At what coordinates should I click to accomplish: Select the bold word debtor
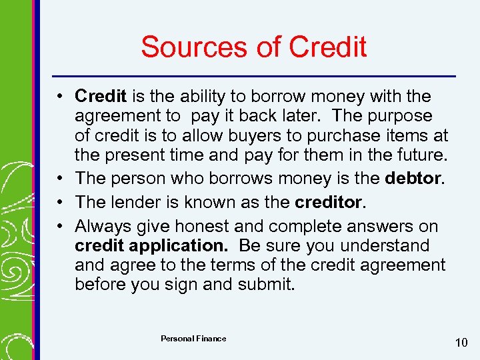pyautogui.click(x=417, y=178)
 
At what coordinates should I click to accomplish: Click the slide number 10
pyautogui.click(x=461, y=343)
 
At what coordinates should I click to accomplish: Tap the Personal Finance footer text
pyautogui.click(x=193, y=339)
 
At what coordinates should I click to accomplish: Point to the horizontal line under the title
pyautogui.click(x=253, y=75)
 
